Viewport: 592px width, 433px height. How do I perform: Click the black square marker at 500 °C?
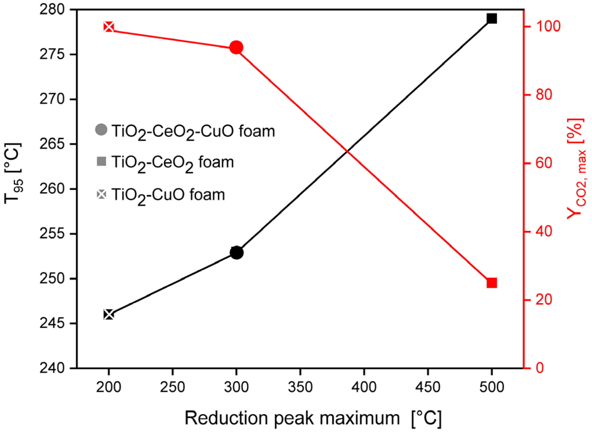pyautogui.click(x=491, y=19)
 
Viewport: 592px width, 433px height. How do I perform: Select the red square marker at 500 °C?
pyautogui.click(x=491, y=283)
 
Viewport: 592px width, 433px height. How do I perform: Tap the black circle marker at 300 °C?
pyautogui.click(x=236, y=252)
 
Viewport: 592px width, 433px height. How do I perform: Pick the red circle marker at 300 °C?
pyautogui.click(x=236, y=47)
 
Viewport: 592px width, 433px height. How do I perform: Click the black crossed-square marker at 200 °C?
pyautogui.click(x=109, y=314)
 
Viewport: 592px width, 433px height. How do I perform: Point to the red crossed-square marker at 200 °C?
pyautogui.click(x=109, y=27)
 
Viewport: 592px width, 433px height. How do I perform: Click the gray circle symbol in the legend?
pyautogui.click(x=101, y=130)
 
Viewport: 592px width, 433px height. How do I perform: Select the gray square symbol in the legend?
pyautogui.click(x=101, y=161)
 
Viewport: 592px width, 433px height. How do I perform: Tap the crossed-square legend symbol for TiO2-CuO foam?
pyautogui.click(x=101, y=194)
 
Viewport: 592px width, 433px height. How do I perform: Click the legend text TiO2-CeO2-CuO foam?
pyautogui.click(x=193, y=131)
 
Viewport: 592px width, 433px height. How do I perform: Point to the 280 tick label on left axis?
pyautogui.click(x=52, y=10)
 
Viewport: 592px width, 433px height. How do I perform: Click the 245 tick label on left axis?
pyautogui.click(x=52, y=323)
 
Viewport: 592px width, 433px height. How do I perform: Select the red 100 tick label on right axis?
pyautogui.click(x=548, y=26)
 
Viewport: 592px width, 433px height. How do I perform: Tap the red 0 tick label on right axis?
pyautogui.click(x=540, y=368)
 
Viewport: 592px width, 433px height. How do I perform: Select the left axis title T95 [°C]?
pyautogui.click(x=13, y=173)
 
